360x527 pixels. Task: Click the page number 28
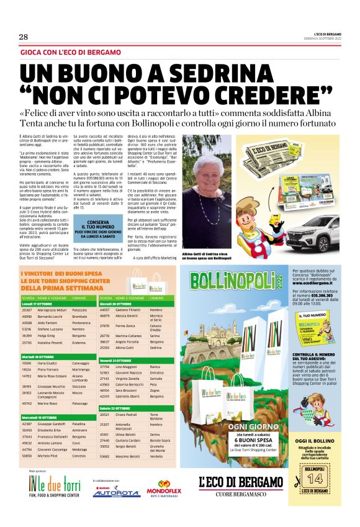[x=24, y=37]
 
